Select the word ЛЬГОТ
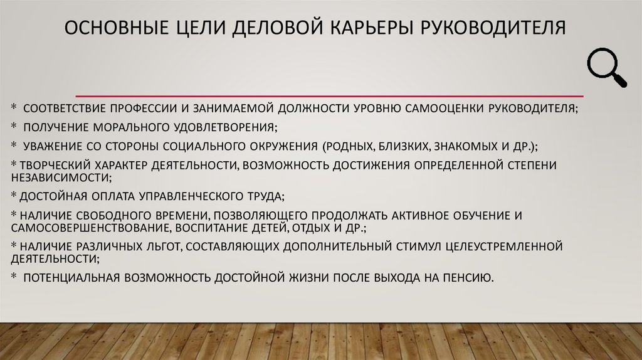[154, 245]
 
